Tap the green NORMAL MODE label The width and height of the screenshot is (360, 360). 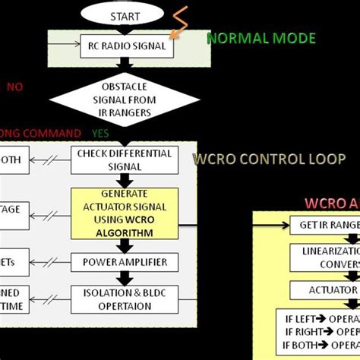[261, 38]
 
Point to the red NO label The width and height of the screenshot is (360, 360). [15, 87]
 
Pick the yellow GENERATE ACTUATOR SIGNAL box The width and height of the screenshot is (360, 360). [125, 213]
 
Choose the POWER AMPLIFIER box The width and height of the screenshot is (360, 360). [125, 262]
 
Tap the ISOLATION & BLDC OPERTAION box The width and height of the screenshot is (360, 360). [125, 298]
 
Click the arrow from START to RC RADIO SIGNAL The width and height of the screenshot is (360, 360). [125, 30]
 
